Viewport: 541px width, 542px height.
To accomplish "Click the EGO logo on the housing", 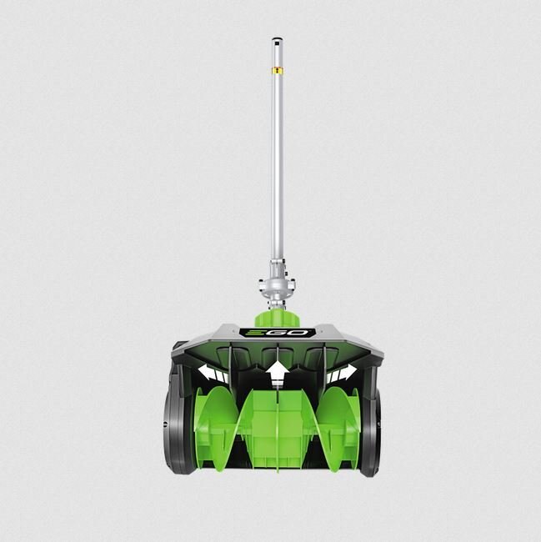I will [x=277, y=332].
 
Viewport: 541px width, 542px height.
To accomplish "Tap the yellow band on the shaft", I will [x=274, y=71].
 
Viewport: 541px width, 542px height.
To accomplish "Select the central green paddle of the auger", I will [x=276, y=425].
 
